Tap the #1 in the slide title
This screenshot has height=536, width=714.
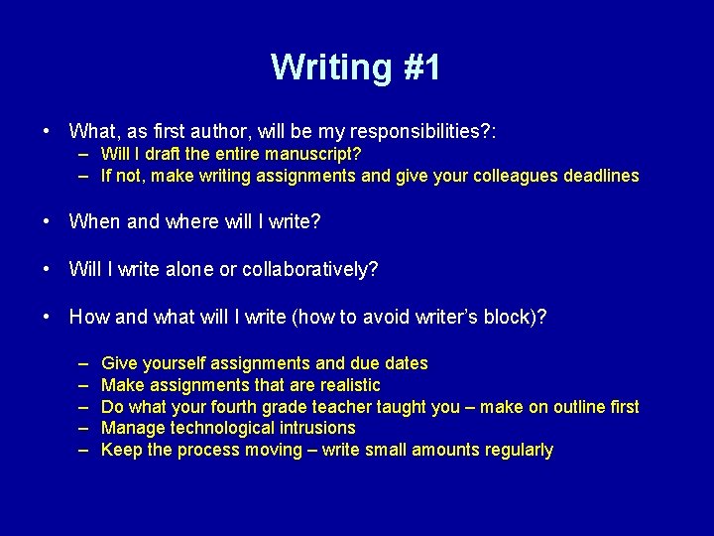[420, 67]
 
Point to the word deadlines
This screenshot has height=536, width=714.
[601, 176]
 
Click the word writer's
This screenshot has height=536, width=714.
[440, 317]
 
